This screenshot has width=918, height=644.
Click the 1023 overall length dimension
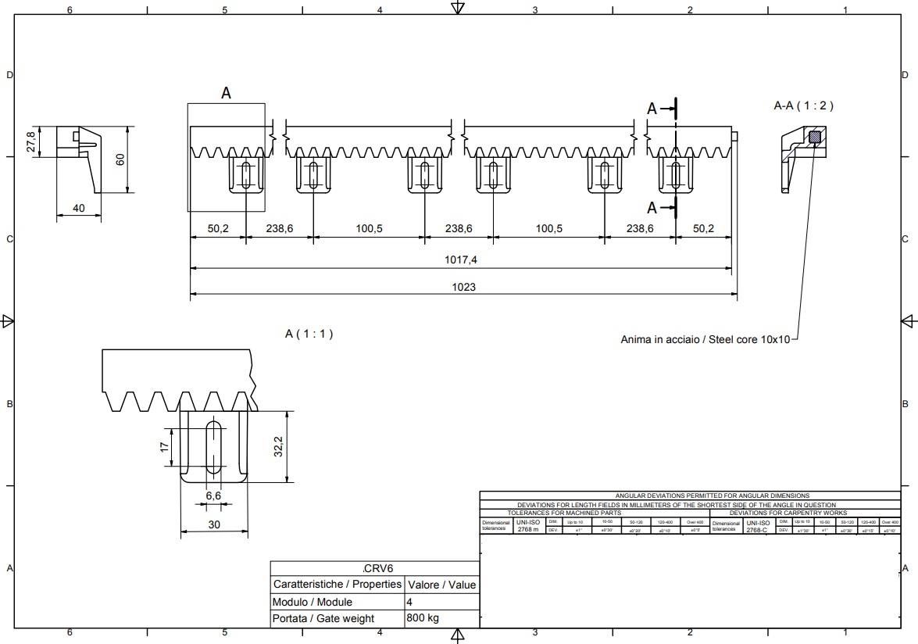pyautogui.click(x=463, y=287)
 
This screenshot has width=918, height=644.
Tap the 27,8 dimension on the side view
pyautogui.click(x=31, y=142)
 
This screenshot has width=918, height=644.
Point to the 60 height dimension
pyautogui.click(x=120, y=159)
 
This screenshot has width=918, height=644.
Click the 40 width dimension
pyautogui.click(x=78, y=208)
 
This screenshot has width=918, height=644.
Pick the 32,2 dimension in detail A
pyautogui.click(x=278, y=446)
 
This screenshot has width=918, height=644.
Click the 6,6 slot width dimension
pyautogui.click(x=213, y=496)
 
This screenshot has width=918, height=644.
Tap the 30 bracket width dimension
pyautogui.click(x=214, y=524)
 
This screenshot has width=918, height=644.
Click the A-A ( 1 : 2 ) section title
pyautogui.click(x=803, y=106)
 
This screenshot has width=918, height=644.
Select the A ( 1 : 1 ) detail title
pyautogui.click(x=309, y=334)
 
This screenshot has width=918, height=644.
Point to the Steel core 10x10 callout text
pyautogui.click(x=705, y=339)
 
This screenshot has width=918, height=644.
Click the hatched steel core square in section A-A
pyautogui.click(x=815, y=138)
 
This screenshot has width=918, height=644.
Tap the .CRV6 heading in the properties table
pyautogui.click(x=374, y=568)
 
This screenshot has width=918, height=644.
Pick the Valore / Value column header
pyautogui.click(x=441, y=585)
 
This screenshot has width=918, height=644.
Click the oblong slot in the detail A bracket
pyautogui.click(x=213, y=446)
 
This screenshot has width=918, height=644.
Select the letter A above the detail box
pyautogui.click(x=226, y=93)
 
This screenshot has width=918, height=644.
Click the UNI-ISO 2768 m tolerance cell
pyautogui.click(x=528, y=525)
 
